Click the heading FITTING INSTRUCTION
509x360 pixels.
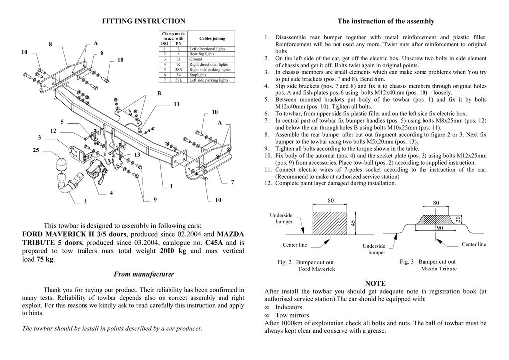144,21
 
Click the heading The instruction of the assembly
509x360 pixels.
386,21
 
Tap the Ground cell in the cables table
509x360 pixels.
196,59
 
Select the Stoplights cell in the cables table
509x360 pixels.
199,75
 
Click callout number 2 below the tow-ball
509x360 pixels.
85,202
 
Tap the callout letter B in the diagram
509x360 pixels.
159,93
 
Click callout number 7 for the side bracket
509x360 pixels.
232,182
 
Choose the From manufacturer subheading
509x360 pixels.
144,274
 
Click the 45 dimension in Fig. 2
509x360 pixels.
353,224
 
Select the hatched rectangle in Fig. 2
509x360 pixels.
330,223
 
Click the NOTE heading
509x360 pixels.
375,283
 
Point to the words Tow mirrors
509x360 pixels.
292,315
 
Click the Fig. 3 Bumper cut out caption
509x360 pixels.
427,262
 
